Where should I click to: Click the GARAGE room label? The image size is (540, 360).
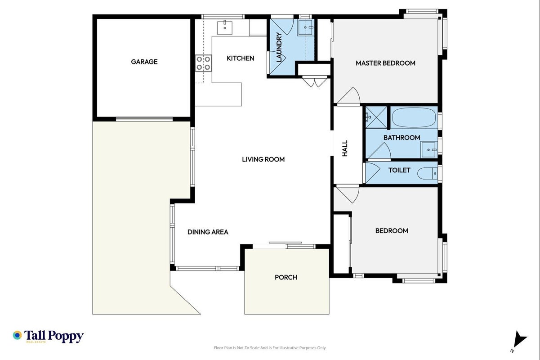click(144, 62)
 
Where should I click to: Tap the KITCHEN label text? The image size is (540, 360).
click(241, 58)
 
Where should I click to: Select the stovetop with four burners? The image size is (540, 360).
click(203, 63)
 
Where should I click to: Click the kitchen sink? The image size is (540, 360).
click(225, 28)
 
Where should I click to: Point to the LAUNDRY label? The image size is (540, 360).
click(279, 47)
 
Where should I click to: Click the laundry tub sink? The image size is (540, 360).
click(305, 28)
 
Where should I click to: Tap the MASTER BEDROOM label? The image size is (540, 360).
click(385, 63)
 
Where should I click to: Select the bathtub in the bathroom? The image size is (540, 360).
click(414, 118)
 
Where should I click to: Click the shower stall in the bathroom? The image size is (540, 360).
click(376, 117)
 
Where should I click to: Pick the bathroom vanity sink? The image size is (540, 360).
click(429, 149)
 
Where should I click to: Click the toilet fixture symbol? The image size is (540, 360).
click(428, 173)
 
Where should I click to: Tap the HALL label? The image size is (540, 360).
click(345, 148)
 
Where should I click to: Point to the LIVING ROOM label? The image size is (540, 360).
click(263, 159)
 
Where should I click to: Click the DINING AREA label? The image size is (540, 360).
click(208, 232)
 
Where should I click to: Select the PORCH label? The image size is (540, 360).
click(286, 278)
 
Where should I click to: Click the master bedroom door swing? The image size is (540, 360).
click(348, 96)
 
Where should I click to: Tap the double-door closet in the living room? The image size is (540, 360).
click(315, 81)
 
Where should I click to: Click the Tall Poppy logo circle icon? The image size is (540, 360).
click(17, 335)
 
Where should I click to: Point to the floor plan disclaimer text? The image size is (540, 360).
click(270, 348)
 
